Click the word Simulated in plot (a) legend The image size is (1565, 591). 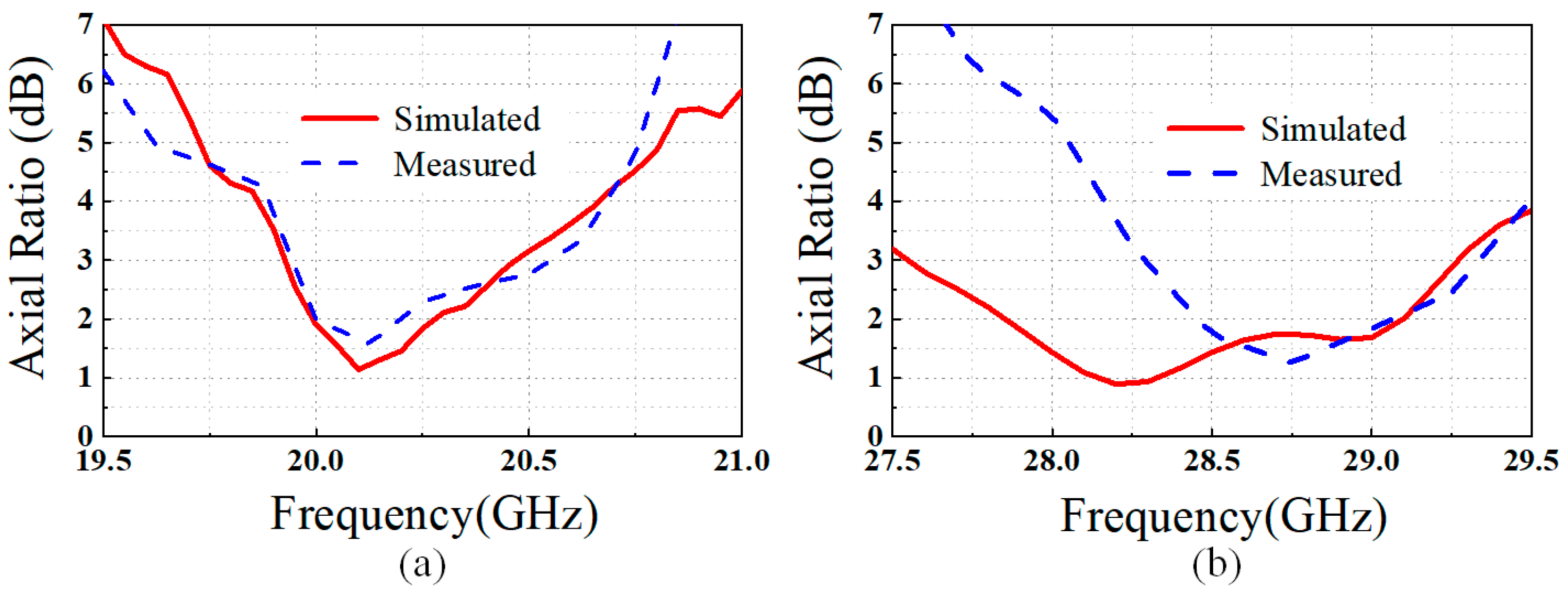pyautogui.click(x=467, y=119)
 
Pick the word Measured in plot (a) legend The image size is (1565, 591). pyautogui.click(x=465, y=165)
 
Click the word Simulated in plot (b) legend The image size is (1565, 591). pyautogui.click(x=1333, y=129)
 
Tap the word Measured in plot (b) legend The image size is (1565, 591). pyautogui.click(x=1331, y=174)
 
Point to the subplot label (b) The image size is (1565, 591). pyautogui.click(x=1216, y=564)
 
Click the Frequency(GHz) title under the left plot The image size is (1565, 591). pyautogui.click(x=434, y=515)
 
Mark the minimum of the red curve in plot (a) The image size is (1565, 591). pyautogui.click(x=359, y=369)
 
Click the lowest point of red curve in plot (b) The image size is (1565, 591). pyautogui.click(x=1118, y=384)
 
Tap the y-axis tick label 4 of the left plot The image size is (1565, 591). pyautogui.click(x=86, y=201)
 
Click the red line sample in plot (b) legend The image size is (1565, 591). pyautogui.click(x=1205, y=128)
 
